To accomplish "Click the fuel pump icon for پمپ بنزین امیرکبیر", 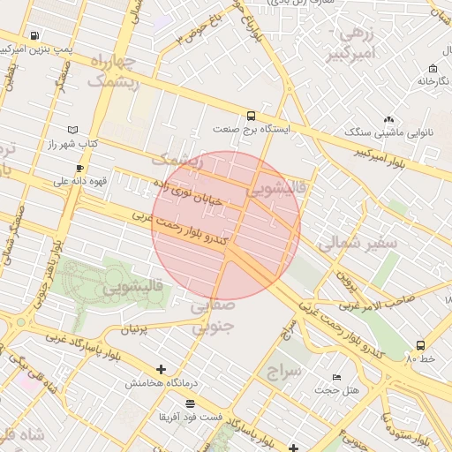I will (34, 36).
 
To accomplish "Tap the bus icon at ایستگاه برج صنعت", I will (252, 116).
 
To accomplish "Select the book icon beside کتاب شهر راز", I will (72, 130).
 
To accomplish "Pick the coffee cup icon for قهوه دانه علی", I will (80, 168).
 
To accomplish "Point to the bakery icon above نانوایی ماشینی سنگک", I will (388, 119).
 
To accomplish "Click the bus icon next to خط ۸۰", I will (420, 345).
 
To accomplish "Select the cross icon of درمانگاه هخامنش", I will (160, 369).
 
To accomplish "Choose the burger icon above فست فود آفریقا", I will (190, 403).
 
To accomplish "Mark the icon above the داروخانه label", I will (433, 68).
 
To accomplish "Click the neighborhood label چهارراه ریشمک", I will (114, 72).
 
